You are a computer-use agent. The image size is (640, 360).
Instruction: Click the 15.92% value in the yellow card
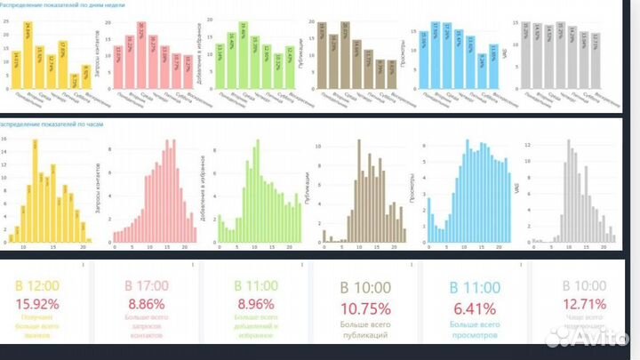point(36,304)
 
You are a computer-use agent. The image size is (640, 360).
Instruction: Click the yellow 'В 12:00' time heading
point(36,286)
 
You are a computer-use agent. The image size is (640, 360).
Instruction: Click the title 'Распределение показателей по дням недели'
point(62,4)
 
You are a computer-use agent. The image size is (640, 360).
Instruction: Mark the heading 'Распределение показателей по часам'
point(53,125)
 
